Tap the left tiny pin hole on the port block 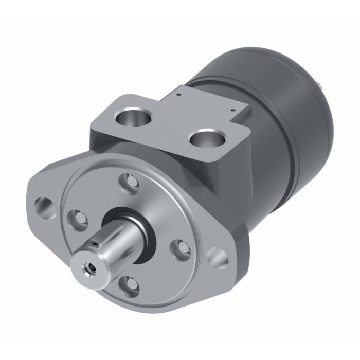click(177, 95)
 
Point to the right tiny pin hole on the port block click(233, 109)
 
